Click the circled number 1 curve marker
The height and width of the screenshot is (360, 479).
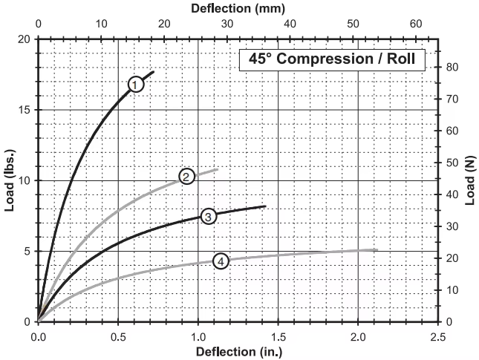[x=135, y=85]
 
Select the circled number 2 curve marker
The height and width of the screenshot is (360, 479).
[x=186, y=177]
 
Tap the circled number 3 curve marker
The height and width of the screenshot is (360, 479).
[x=209, y=216]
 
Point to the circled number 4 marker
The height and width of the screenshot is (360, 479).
[x=221, y=261]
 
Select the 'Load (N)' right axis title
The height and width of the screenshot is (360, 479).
[x=469, y=180]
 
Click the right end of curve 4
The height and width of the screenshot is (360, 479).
[x=377, y=249]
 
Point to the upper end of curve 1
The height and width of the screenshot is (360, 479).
[x=154, y=71]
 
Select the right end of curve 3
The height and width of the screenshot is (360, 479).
[x=265, y=206]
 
